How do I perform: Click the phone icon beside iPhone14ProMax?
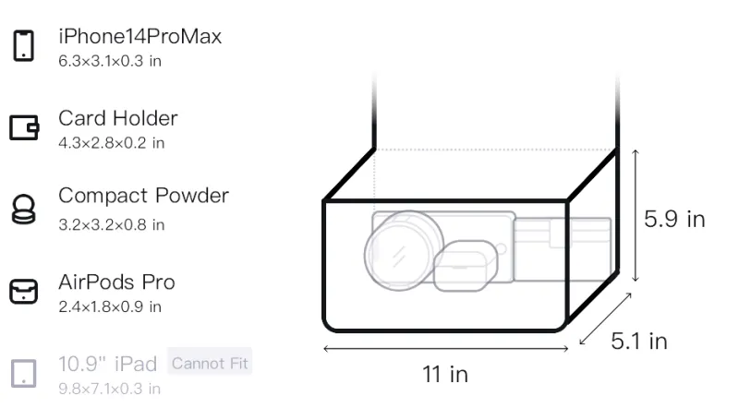click(24, 45)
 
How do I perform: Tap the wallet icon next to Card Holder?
click(24, 127)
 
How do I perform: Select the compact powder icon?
click(24, 209)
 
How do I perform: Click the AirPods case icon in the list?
click(24, 291)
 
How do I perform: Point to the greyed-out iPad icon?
click(24, 374)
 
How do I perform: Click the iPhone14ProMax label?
click(140, 36)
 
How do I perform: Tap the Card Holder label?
click(118, 118)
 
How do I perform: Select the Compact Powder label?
click(144, 196)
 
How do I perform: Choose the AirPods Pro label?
click(117, 282)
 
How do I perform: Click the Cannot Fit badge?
click(210, 363)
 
